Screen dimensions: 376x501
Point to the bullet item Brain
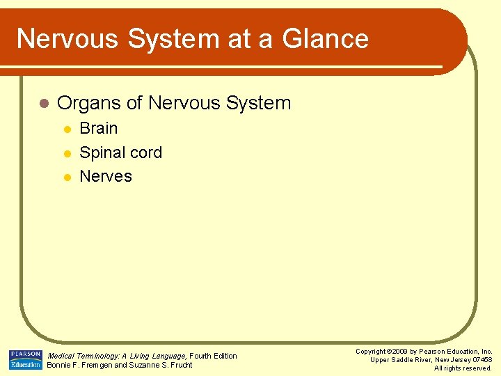[x=99, y=129]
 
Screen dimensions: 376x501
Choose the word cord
[x=147, y=152]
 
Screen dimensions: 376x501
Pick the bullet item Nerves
[x=106, y=176]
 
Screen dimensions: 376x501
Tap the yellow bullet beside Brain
[x=67, y=130]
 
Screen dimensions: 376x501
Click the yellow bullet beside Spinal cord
[x=67, y=153]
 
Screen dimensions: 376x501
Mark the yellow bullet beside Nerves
[x=67, y=177]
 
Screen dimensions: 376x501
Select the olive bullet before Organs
[x=43, y=104]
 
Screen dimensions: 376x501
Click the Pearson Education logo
[x=25, y=360]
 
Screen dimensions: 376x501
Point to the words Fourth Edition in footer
[x=214, y=356]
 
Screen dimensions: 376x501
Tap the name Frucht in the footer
[x=180, y=365]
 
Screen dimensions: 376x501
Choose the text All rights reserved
[x=463, y=368]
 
